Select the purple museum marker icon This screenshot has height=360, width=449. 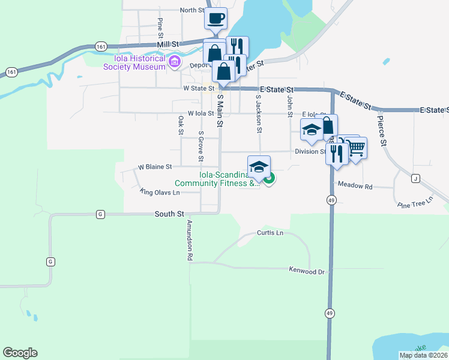[175, 62]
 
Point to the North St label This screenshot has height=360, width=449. [192, 10]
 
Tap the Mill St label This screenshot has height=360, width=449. [168, 44]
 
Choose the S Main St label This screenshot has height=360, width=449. [220, 110]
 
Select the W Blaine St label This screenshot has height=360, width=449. [155, 166]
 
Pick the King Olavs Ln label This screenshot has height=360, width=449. [160, 192]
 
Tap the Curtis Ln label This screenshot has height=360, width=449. [270, 232]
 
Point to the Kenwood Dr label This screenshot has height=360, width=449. [306, 271]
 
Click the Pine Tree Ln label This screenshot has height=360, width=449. [415, 202]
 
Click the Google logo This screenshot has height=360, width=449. [20, 353]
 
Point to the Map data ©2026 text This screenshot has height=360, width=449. [423, 355]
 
